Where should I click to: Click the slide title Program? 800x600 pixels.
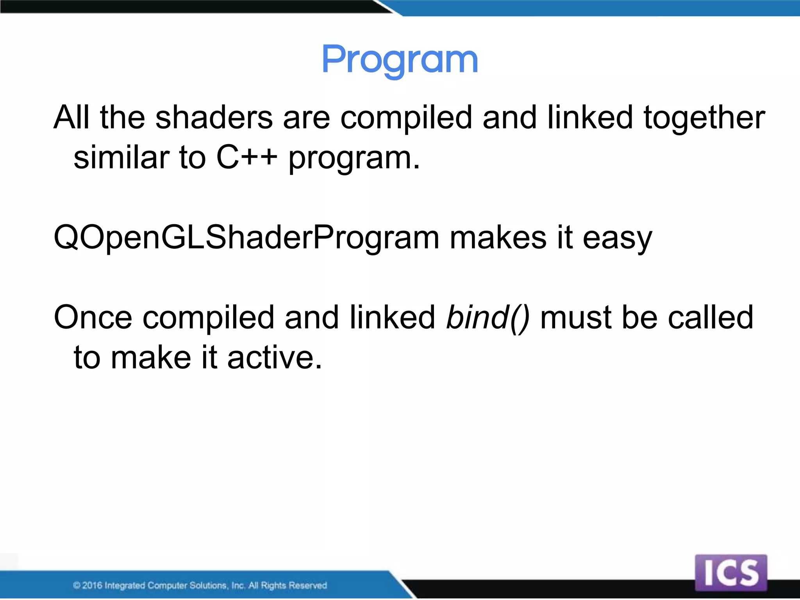400,60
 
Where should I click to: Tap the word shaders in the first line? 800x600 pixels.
214,118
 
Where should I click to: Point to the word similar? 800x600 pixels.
121,158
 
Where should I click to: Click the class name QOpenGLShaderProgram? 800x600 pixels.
246,237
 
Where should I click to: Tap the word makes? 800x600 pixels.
498,237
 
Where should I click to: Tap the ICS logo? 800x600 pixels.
731,573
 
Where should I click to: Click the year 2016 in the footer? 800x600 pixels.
93,585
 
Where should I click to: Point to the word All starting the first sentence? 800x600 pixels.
71,118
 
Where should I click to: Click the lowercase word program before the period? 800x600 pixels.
350,159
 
